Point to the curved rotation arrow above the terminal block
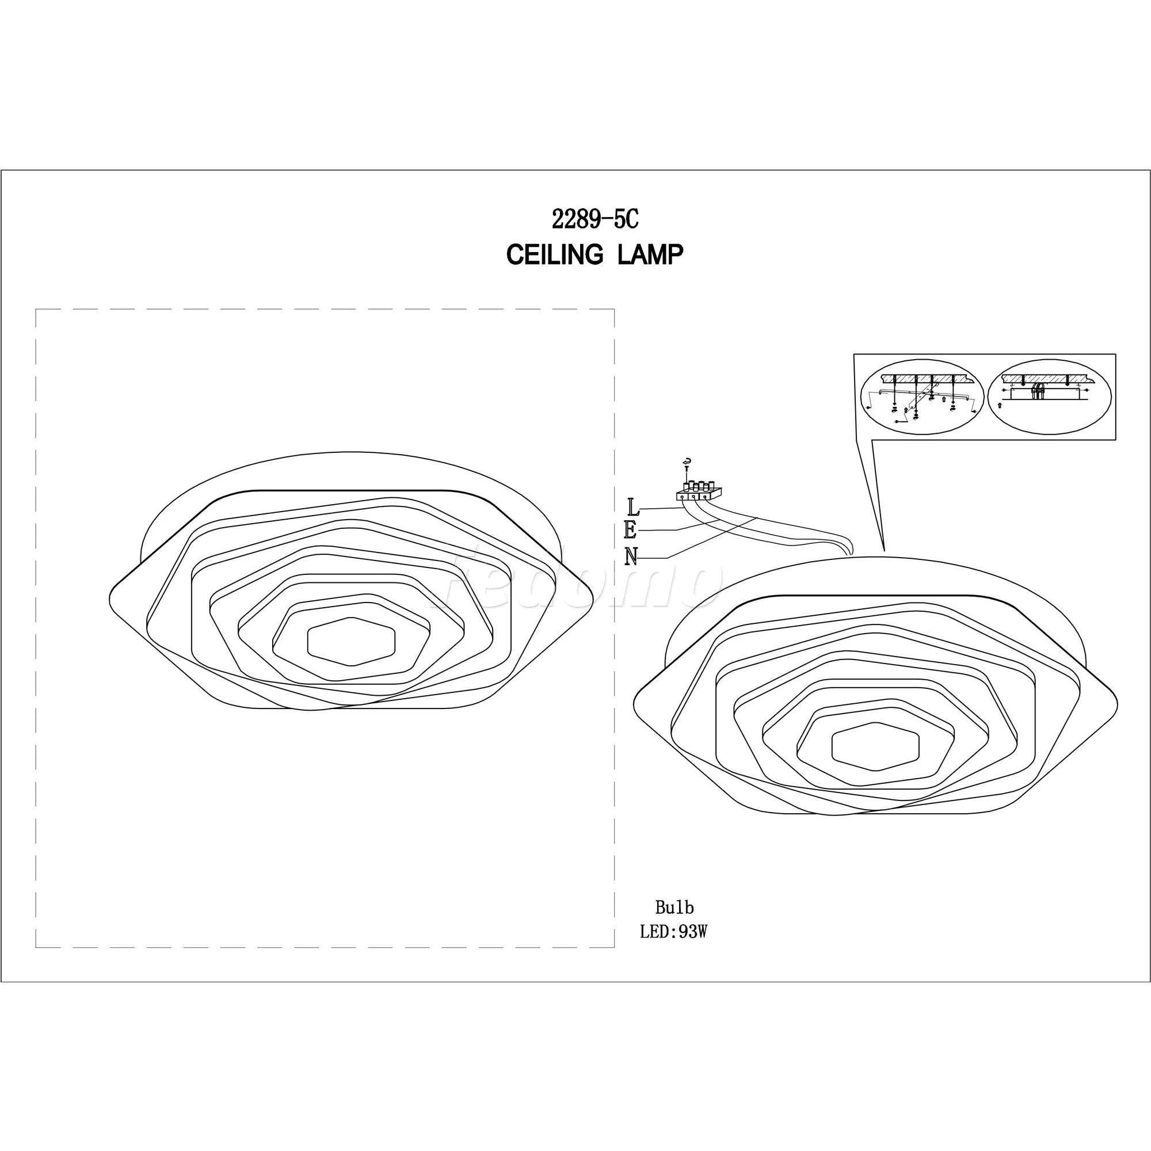(x=688, y=460)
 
